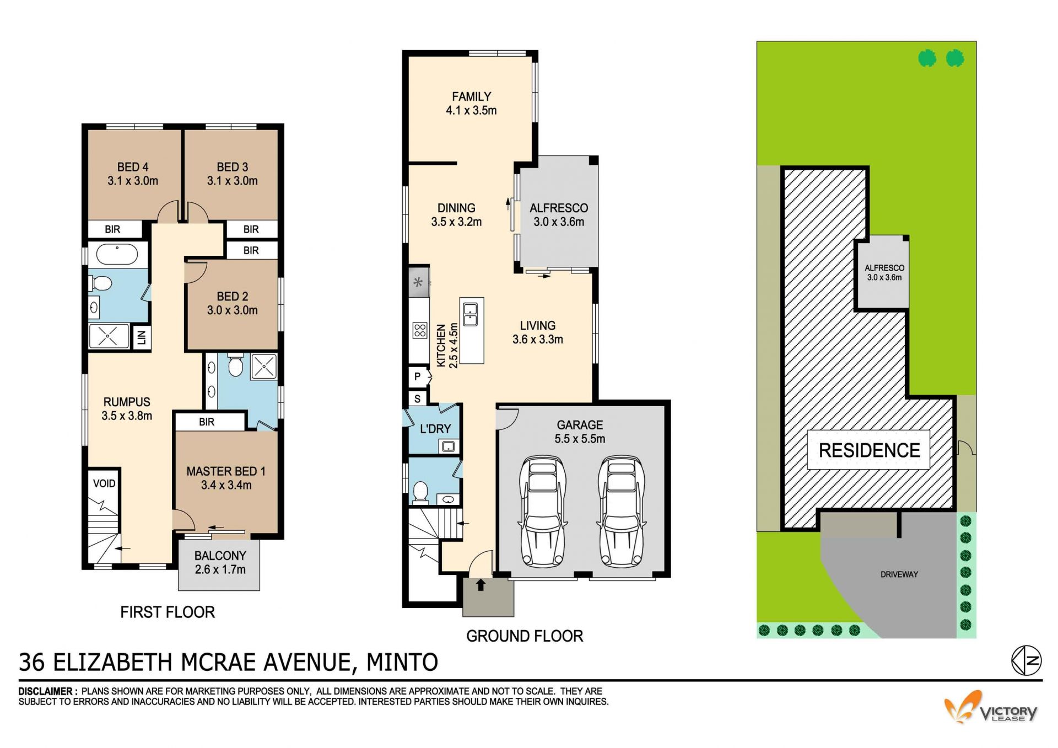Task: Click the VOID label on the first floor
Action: click(104, 483)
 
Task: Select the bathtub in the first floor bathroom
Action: click(117, 255)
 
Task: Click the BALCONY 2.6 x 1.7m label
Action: click(220, 562)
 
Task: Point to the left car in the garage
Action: click(543, 511)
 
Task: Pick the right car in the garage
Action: click(622, 511)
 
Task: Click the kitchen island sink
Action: click(470, 314)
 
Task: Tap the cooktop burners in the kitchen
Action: click(420, 330)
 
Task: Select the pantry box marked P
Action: click(418, 377)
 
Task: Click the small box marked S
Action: click(417, 399)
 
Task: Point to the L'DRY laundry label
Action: click(435, 428)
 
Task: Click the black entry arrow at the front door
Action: click(481, 585)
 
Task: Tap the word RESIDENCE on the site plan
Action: click(869, 450)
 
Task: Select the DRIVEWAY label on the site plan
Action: click(899, 574)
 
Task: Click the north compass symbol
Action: click(1026, 660)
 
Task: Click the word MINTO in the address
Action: click(402, 662)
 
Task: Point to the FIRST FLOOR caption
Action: click(168, 612)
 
